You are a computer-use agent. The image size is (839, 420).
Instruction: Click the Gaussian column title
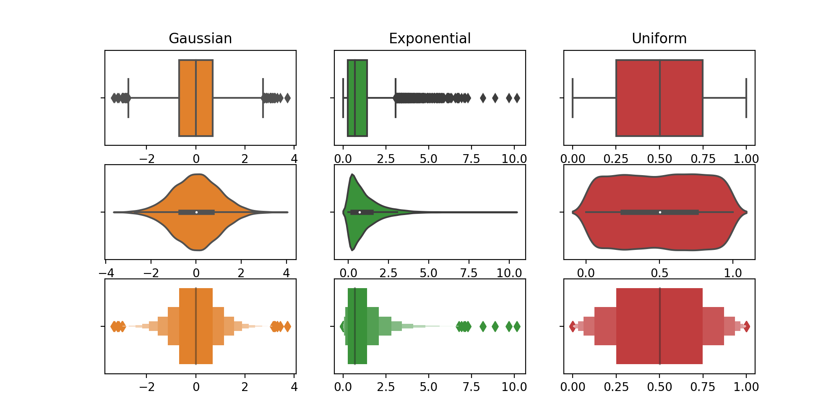pyautogui.click(x=200, y=39)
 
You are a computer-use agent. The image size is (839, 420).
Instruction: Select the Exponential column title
pyautogui.click(x=430, y=39)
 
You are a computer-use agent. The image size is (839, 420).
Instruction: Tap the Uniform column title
pyautogui.click(x=659, y=39)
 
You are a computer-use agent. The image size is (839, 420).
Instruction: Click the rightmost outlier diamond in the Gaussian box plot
pyautogui.click(x=287, y=98)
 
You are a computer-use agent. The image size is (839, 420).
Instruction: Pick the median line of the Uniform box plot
pyautogui.click(x=660, y=98)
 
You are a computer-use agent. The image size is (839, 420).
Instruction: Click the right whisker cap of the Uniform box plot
pyautogui.click(x=746, y=98)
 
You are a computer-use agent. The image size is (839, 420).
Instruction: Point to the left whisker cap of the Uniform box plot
pyautogui.click(x=573, y=98)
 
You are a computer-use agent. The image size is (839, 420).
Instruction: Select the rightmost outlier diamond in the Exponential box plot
pyautogui.click(x=517, y=98)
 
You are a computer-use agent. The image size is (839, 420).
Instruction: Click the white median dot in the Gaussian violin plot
pyautogui.click(x=196, y=212)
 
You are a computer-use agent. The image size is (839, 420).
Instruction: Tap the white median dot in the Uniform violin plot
pyautogui.click(x=660, y=212)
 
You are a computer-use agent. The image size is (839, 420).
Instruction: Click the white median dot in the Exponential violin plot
pyautogui.click(x=360, y=212)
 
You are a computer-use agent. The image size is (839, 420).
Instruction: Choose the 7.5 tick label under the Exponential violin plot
pyautogui.click(x=469, y=273)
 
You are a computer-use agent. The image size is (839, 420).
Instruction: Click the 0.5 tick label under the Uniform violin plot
pyautogui.click(x=659, y=273)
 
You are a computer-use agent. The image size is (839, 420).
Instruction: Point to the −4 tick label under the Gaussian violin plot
pyautogui.click(x=106, y=273)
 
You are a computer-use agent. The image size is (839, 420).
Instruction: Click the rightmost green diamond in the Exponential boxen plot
pyautogui.click(x=517, y=326)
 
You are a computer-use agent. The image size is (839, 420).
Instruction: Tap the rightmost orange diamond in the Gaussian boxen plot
pyautogui.click(x=287, y=326)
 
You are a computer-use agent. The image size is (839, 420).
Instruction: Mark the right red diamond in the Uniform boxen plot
pyautogui.click(x=746, y=326)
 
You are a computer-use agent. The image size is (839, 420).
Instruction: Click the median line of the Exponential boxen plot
pyautogui.click(x=355, y=326)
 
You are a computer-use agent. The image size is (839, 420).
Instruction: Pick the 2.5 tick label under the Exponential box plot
pyautogui.click(x=386, y=159)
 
